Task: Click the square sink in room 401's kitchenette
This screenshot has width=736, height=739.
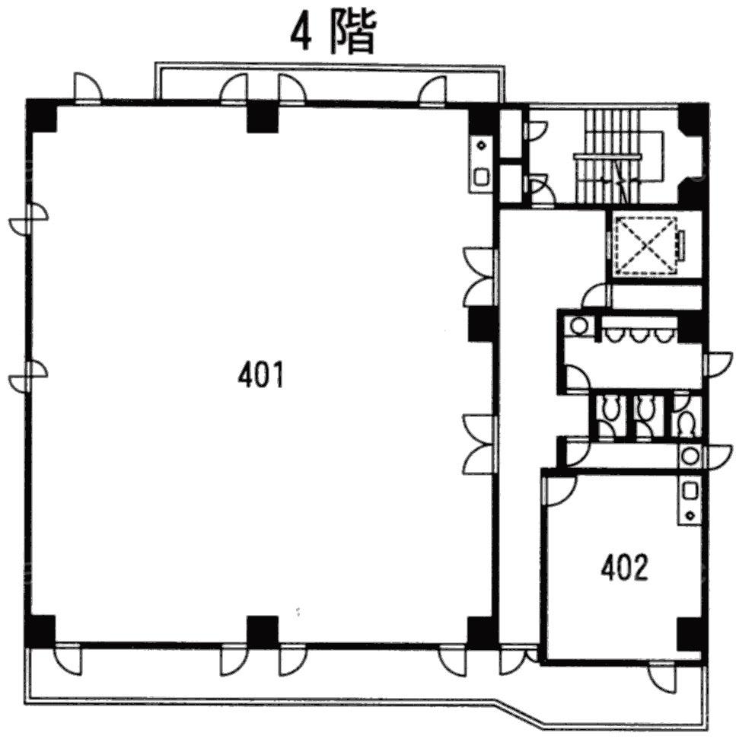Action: (x=482, y=177)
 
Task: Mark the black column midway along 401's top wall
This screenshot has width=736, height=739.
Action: (x=263, y=116)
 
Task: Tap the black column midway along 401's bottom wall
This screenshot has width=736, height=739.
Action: (x=263, y=631)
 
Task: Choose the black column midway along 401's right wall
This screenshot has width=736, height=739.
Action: (x=481, y=325)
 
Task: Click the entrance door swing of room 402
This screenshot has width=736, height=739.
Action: (x=561, y=491)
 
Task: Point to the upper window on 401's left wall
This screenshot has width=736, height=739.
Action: (x=28, y=218)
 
